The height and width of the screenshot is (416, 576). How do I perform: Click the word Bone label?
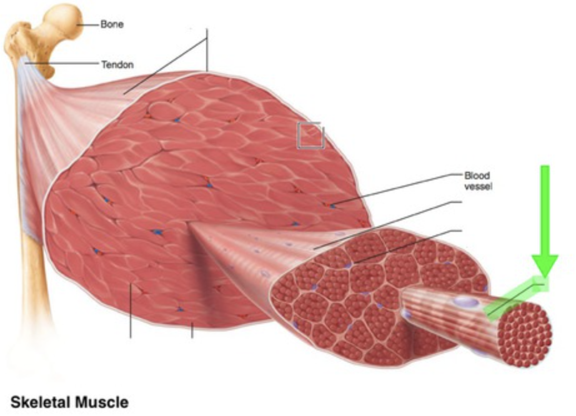pyautogui.click(x=112, y=25)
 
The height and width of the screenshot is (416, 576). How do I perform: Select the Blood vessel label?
pyautogui.click(x=477, y=181)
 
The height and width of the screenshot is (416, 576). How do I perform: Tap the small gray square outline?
pyautogui.click(x=310, y=136)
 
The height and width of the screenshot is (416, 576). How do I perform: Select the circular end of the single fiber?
pyautogui.click(x=525, y=328)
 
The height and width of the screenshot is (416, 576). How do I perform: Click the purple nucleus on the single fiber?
pyautogui.click(x=465, y=302)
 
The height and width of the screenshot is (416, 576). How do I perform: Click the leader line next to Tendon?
pyautogui.click(x=62, y=63)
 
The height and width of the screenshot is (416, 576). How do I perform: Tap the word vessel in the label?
pyautogui.click(x=477, y=186)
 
